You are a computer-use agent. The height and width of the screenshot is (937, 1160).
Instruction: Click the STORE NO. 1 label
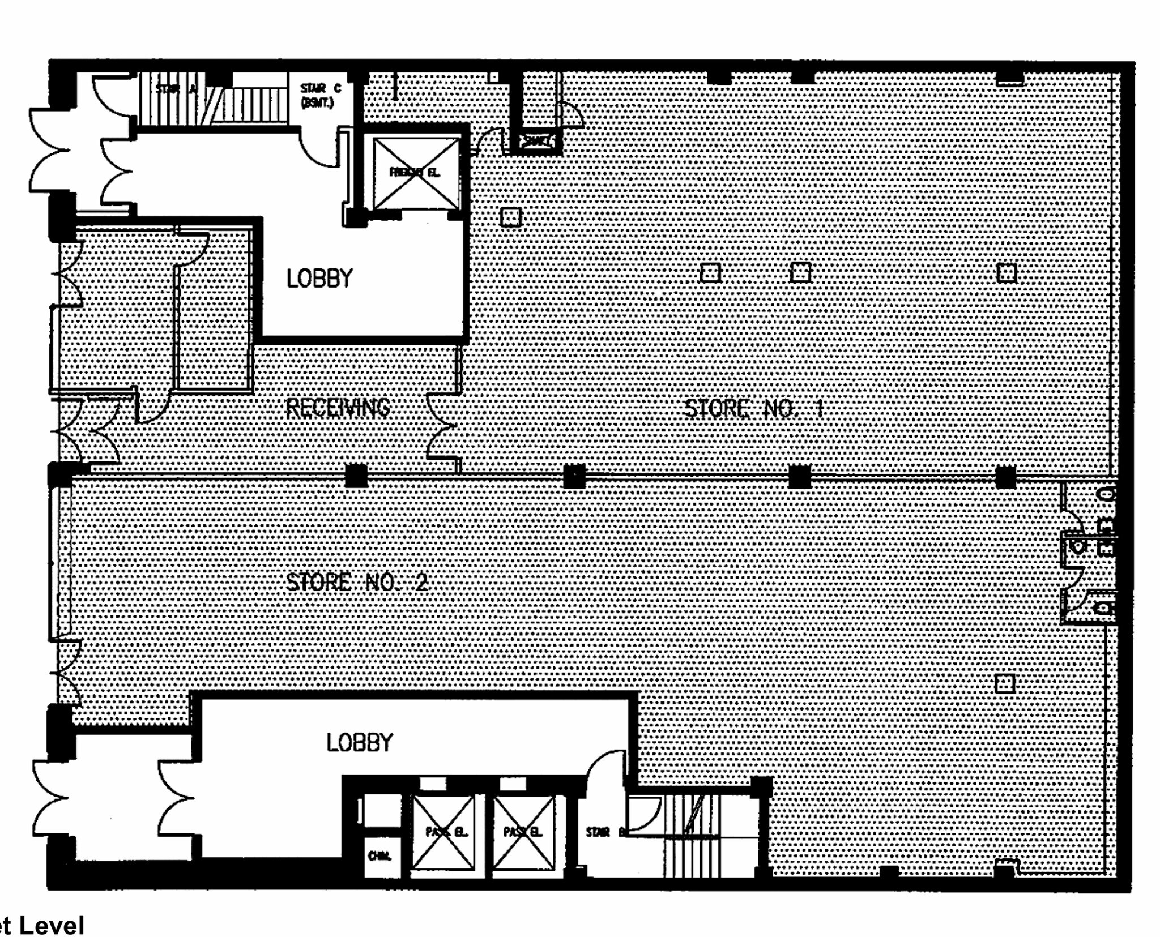pos(753,408)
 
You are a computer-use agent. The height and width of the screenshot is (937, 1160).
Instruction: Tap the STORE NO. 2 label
pos(357,582)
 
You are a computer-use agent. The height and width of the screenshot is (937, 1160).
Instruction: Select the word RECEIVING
pos(338,408)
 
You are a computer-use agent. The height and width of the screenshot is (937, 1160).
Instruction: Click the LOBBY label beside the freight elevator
pos(319,279)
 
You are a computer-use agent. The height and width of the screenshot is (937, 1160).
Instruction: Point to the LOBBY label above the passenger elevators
pos(360,743)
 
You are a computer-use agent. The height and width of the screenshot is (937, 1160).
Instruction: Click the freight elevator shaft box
pos(416,173)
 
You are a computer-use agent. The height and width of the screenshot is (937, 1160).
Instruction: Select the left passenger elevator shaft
pos(443,832)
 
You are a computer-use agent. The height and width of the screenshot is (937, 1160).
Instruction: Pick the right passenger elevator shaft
pos(523,832)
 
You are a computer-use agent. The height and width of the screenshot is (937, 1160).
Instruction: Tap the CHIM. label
pos(379,856)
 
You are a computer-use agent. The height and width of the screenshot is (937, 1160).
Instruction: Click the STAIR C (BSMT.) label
pos(321,96)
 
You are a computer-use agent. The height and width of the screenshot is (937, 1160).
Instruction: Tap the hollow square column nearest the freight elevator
pos(511,217)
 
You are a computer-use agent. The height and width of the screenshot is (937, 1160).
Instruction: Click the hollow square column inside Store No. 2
pos(1005,683)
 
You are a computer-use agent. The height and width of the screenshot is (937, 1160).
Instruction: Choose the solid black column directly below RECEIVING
pos(356,476)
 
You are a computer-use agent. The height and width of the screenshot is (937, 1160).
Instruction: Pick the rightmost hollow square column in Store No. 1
pos(1007,273)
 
